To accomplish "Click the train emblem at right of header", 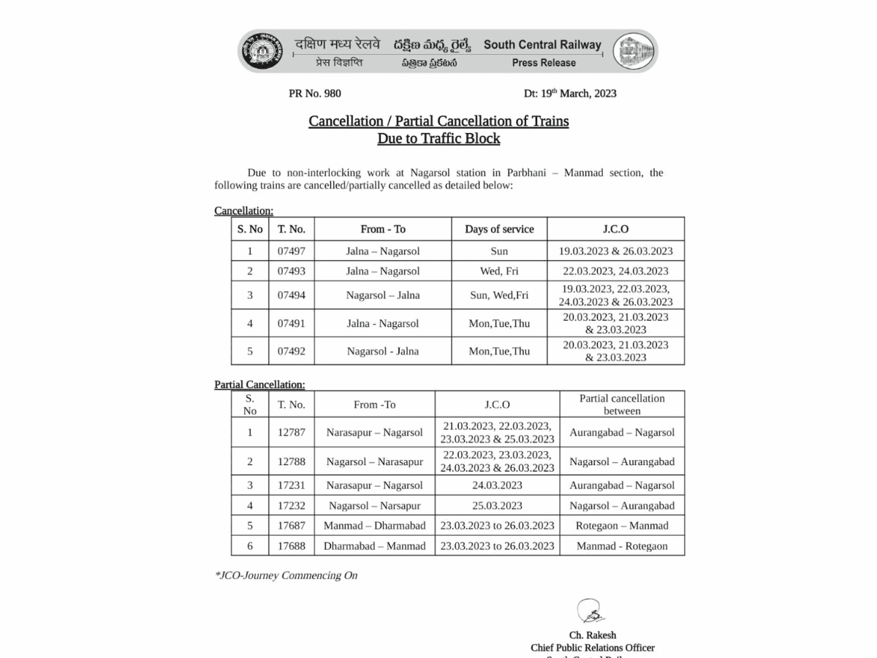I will tap(633, 51).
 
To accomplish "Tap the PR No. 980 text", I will tap(315, 93).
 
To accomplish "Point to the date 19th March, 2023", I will tap(570, 93).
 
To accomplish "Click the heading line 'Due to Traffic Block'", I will tap(438, 138).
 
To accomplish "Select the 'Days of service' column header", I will tap(499, 229).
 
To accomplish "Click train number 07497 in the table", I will tap(291, 251).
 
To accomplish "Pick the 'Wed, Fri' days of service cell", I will tap(499, 271).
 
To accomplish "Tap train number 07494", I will tap(291, 295).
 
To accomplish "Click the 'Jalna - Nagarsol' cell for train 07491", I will tap(383, 323).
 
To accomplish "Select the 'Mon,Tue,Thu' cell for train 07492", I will tap(499, 351).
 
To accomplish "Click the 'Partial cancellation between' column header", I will tap(622, 404).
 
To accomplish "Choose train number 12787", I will tap(291, 432).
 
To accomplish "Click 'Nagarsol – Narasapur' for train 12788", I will tap(374, 461).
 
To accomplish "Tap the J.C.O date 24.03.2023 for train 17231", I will tap(497, 485).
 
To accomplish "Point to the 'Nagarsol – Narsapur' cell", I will tap(374, 506).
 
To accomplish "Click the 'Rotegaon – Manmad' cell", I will tap(622, 526).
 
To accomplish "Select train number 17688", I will tap(291, 546).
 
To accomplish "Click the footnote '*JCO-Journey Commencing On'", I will tap(286, 575).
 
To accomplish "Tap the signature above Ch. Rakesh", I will tap(591, 611).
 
